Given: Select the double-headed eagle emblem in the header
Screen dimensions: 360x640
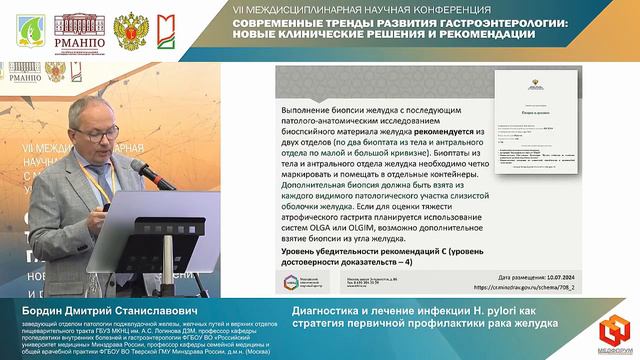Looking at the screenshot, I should (127, 30).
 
